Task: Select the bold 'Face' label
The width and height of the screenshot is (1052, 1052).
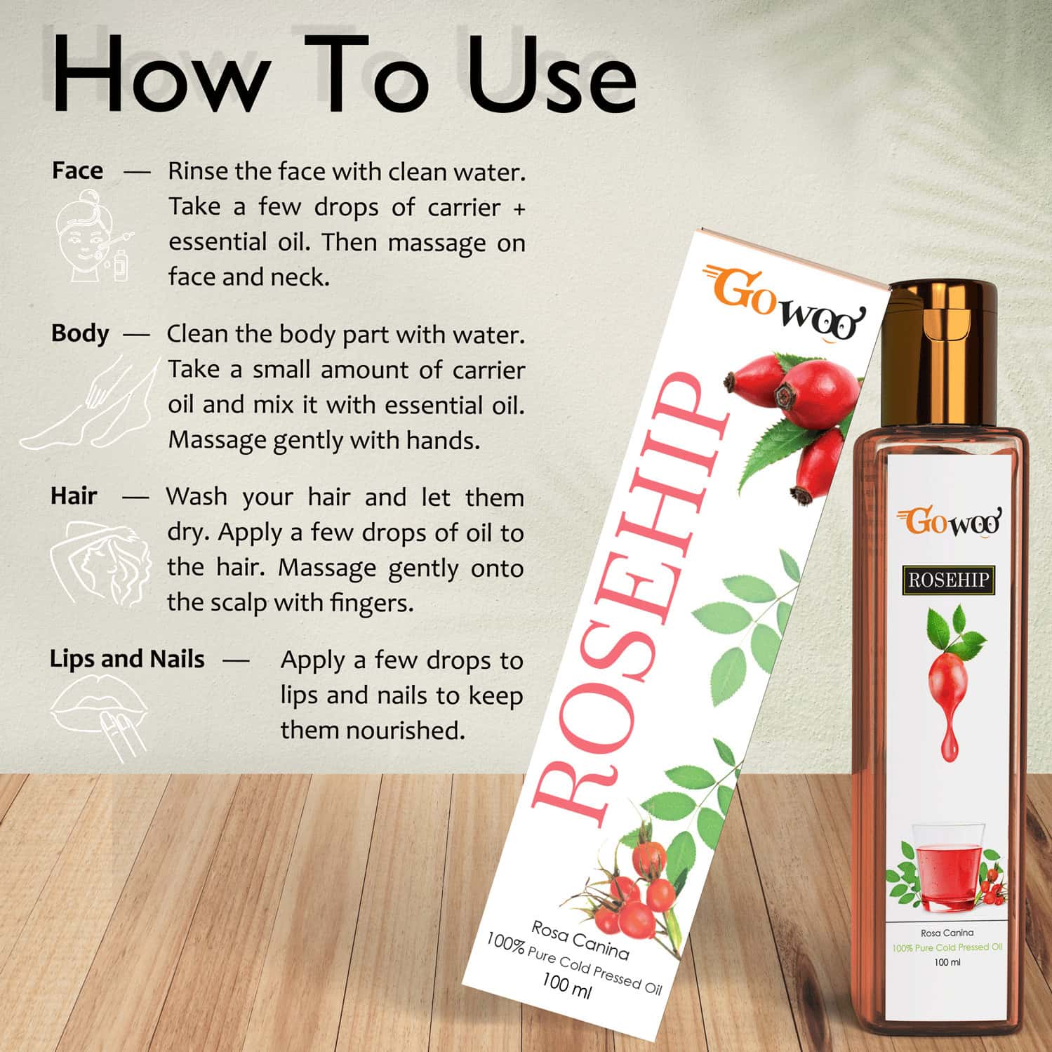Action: click(77, 171)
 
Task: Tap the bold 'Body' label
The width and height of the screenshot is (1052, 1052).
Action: click(80, 333)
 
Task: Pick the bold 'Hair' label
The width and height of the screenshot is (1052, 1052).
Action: click(74, 496)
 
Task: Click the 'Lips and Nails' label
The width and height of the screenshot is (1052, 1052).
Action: click(127, 659)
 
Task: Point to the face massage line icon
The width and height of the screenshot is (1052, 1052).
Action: click(92, 239)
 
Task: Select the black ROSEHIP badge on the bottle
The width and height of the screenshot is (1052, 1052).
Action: click(948, 580)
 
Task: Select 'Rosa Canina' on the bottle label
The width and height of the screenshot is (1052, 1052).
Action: click(947, 933)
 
